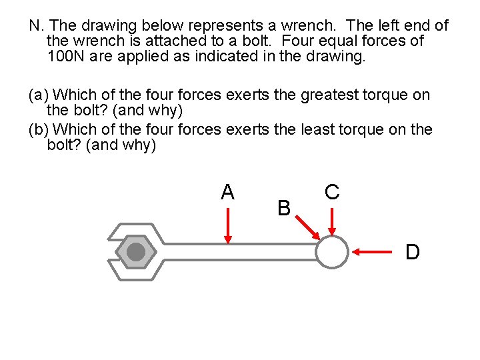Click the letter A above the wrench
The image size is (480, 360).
[227, 192]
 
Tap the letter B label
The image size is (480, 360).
[284, 209]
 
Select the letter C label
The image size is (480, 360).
[332, 192]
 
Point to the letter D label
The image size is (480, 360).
[413, 252]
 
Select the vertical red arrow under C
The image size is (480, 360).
[332, 221]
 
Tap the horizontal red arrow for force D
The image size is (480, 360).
[372, 252]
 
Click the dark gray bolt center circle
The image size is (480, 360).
[135, 252]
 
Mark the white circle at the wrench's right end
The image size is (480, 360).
[331, 253]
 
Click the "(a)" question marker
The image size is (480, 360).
[39, 95]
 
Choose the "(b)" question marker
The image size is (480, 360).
[39, 129]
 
